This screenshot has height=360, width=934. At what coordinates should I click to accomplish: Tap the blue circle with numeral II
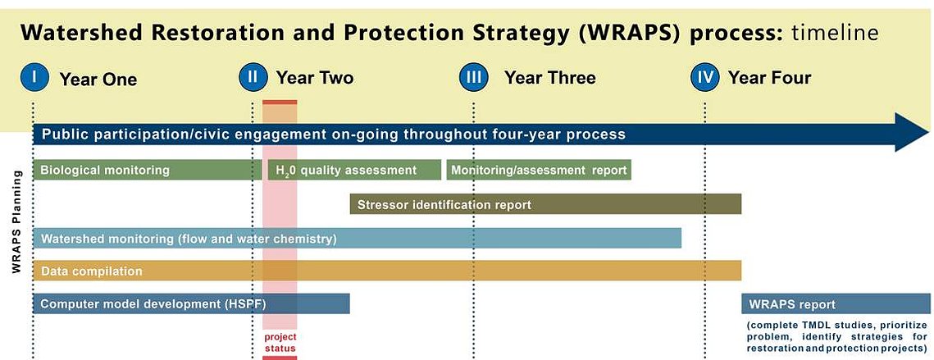pos(253,78)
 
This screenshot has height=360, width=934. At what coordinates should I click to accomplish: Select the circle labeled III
pos(474,78)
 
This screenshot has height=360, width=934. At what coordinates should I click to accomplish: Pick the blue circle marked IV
pos(704,78)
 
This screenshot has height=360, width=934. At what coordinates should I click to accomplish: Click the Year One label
pos(98,80)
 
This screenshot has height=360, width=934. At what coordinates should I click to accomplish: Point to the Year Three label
pos(549,78)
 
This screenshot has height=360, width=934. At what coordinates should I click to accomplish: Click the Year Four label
pos(770,78)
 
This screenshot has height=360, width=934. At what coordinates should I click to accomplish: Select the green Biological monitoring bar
pos(144,170)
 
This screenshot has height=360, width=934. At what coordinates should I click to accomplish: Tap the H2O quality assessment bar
pos(354,170)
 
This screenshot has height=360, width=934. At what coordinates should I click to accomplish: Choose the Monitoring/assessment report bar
pos(539,170)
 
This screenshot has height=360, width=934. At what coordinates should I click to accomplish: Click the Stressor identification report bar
pos(545,204)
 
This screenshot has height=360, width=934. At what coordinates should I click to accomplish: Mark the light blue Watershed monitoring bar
pos(358,239)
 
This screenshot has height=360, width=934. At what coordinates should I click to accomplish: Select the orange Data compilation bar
pos(387,271)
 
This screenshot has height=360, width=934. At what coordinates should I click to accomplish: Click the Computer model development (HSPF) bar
pos(191,303)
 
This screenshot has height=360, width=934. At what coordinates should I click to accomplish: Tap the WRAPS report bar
pos(837,303)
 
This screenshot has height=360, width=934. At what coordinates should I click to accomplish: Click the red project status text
pos(280,343)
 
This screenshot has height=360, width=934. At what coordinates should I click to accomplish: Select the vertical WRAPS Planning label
pos(16,221)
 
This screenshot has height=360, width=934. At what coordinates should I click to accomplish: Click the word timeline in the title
pos(835,34)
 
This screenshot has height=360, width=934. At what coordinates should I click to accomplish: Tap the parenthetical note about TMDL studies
pos(836,336)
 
